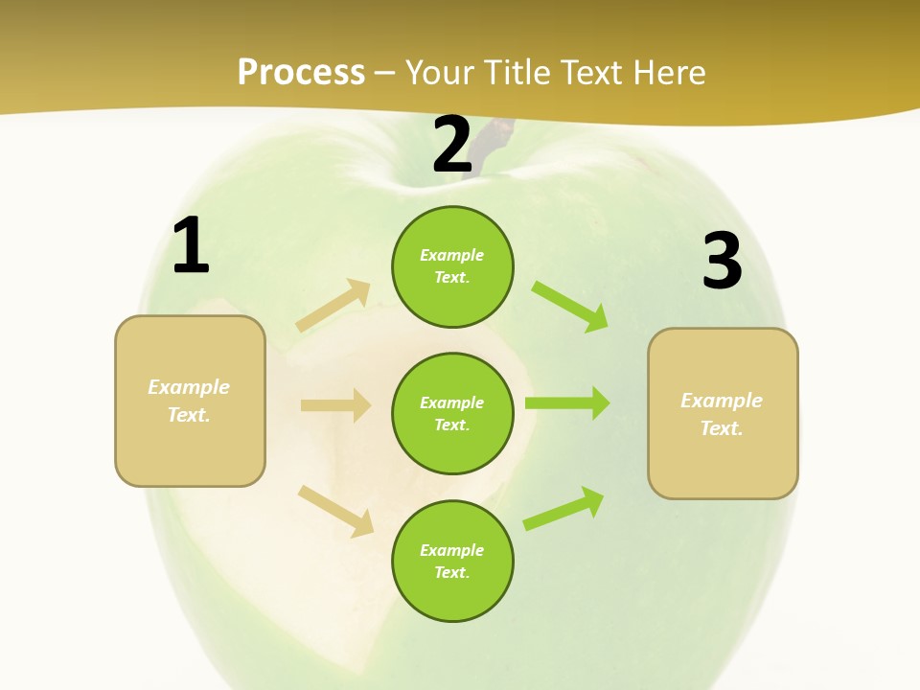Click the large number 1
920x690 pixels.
coord(192,246)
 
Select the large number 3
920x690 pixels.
coord(722,262)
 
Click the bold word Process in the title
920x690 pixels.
coord(301,73)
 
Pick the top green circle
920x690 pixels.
coord(452,266)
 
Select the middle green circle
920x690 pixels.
coord(452,413)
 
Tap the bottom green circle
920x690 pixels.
coord(452,561)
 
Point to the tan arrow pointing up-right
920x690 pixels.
coord(333,306)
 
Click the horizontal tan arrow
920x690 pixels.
coord(335,405)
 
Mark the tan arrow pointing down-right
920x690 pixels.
coord(335,511)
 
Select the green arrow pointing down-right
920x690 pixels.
coord(569,306)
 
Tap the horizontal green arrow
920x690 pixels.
coord(566,403)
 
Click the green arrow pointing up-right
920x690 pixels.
coord(563,509)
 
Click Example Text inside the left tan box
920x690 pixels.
coord(189,401)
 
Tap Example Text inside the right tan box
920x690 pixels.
coord(722,414)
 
